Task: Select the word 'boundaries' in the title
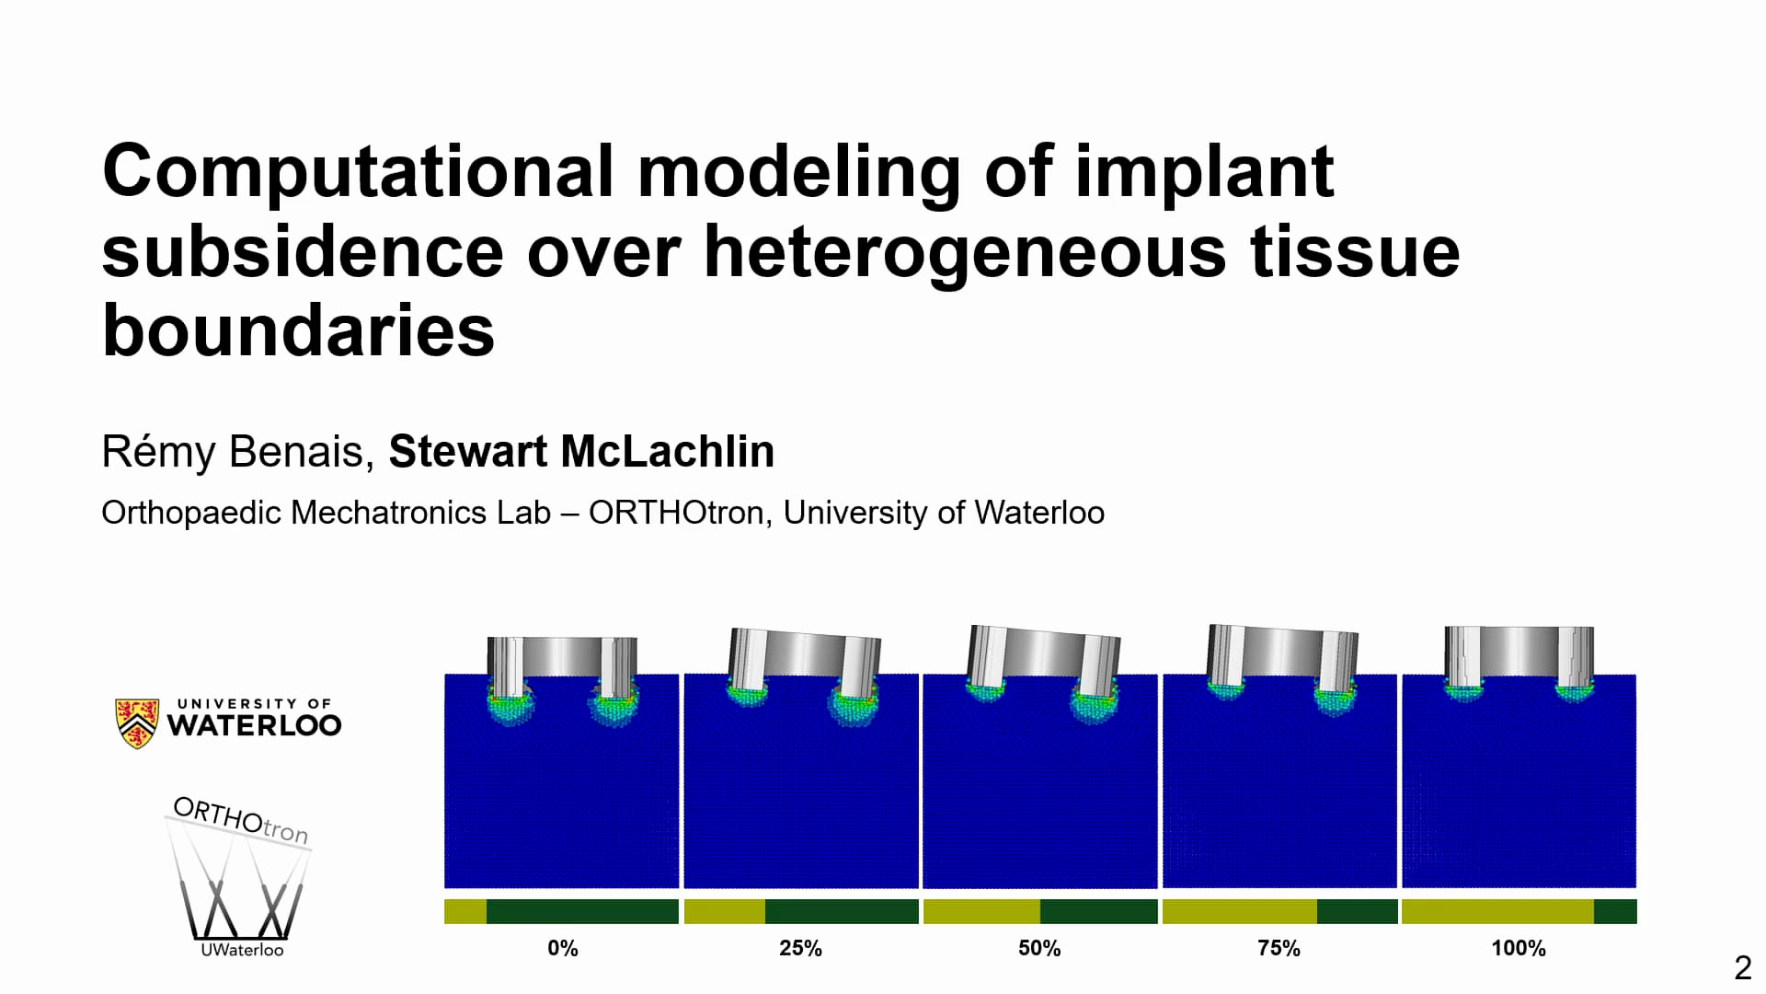pos(298,331)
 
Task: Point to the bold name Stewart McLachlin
pos(581,452)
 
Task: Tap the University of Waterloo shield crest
pos(137,722)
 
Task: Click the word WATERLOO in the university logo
pos(254,725)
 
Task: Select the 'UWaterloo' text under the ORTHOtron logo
pos(242,950)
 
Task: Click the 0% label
pos(562,948)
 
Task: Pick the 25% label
pos(800,948)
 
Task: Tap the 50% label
pos(1039,948)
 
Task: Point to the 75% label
pos(1279,948)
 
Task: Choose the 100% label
pos(1518,948)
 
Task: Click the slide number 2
pos(1742,968)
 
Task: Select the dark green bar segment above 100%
pos(1615,911)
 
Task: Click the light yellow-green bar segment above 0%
pos(465,911)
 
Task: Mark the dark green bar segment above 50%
pos(1098,911)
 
